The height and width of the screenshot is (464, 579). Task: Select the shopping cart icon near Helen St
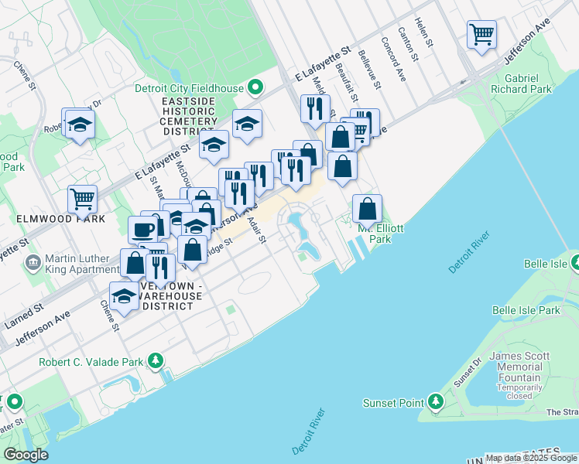pyautogui.click(x=481, y=35)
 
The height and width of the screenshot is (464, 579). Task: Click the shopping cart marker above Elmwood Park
pyautogui.click(x=82, y=200)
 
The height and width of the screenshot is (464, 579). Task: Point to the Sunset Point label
pyautogui.click(x=394, y=403)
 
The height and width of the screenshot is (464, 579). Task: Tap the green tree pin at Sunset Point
pyautogui.click(x=436, y=402)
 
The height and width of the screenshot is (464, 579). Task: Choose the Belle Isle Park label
pyautogui.click(x=526, y=310)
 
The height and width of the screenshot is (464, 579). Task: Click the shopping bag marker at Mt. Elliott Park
pyautogui.click(x=367, y=209)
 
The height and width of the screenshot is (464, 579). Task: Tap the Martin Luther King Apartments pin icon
pyautogui.click(x=33, y=263)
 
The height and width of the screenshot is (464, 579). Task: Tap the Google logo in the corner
pyautogui.click(x=26, y=455)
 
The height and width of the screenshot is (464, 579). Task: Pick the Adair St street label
pyautogui.click(x=256, y=230)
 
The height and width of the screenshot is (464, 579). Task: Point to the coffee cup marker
pyautogui.click(x=143, y=229)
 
